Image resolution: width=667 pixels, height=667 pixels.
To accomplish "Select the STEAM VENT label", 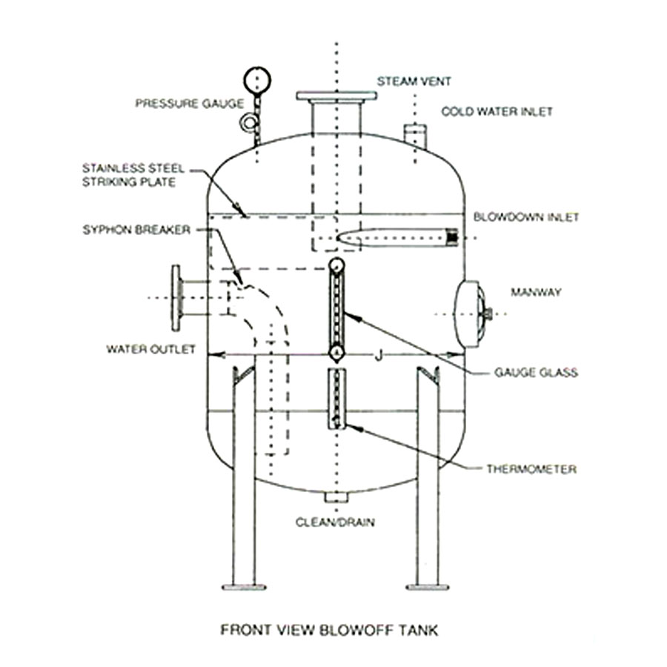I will (x=404, y=80).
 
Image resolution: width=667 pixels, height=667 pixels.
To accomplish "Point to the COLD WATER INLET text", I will (x=497, y=112).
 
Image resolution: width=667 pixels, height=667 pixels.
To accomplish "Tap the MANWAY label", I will (x=535, y=292).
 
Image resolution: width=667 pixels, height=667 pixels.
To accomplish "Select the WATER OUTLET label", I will (x=151, y=348).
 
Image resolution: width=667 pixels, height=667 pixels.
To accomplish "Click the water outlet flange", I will (x=176, y=297).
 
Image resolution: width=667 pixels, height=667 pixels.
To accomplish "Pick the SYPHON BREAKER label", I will (x=136, y=230).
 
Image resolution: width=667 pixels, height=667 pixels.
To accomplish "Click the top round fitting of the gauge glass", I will (x=336, y=265).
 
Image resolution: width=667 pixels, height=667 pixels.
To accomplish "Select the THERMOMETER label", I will (x=531, y=468).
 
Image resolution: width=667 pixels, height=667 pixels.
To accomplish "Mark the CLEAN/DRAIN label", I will (x=335, y=522).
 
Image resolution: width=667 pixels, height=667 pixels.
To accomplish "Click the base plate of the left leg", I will (x=243, y=587).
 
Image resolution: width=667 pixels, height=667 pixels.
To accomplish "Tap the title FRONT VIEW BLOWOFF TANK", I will (x=330, y=631).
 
